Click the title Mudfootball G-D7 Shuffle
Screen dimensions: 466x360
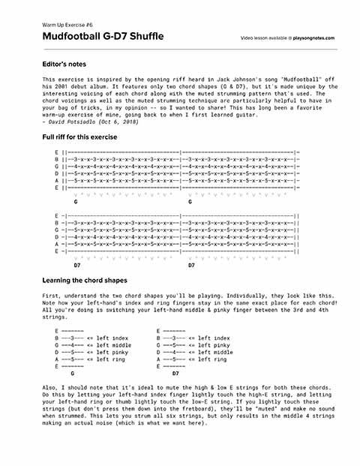[103, 37]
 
